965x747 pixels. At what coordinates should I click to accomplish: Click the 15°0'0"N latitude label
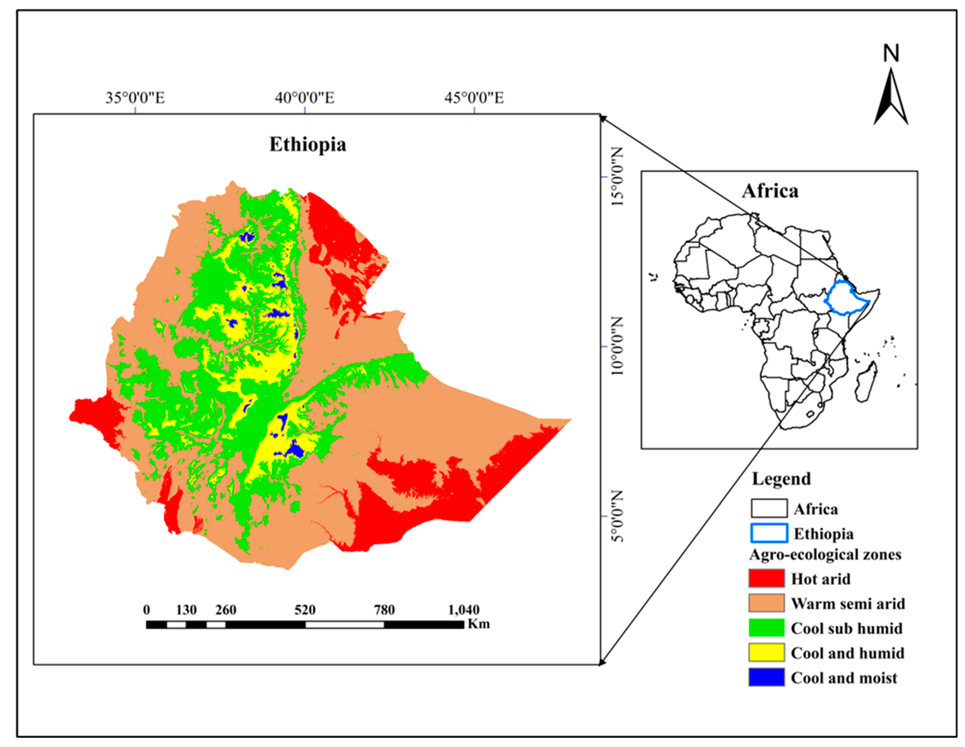point(617,176)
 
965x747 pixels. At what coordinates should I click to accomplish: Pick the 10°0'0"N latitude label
point(617,346)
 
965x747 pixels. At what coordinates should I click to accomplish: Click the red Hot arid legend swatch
point(766,578)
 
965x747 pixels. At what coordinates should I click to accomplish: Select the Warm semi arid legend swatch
point(766,603)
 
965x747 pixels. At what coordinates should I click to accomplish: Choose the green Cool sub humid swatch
point(766,628)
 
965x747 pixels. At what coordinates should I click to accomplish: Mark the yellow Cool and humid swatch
point(766,652)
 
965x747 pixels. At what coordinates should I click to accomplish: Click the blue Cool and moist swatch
point(766,677)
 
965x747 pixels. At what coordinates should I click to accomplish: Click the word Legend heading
point(781,479)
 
